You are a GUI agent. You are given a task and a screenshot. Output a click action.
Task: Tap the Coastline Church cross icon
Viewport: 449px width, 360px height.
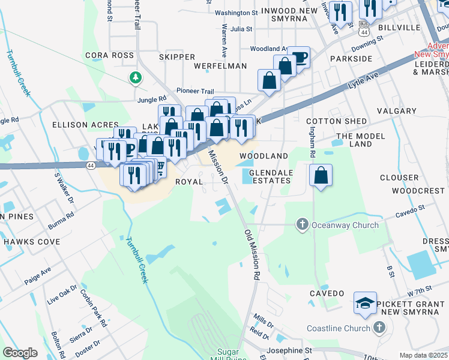pos(379,328)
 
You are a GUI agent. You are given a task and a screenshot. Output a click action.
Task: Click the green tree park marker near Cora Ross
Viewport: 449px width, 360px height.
pos(136,77)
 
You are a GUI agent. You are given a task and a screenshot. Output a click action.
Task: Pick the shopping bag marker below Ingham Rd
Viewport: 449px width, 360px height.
pos(321,175)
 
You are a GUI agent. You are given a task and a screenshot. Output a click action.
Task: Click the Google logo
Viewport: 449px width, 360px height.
pos(20,353)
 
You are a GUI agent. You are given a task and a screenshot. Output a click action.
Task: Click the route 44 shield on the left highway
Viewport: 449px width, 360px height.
pos(89,166)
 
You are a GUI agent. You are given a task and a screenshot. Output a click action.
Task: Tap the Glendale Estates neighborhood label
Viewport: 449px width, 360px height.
pos(270,177)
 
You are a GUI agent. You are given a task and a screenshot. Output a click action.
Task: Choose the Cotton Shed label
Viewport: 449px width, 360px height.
pos(337,121)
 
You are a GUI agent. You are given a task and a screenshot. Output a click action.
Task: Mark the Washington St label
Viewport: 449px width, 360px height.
pos(236,13)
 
